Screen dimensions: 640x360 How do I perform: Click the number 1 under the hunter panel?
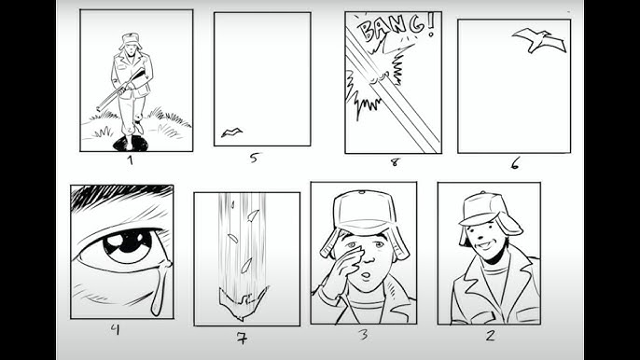131,160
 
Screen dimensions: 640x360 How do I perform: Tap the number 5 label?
254,158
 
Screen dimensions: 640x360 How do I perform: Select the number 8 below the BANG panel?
395,162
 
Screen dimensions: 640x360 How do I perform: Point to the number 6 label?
515,163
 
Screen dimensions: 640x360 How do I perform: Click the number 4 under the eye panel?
116,329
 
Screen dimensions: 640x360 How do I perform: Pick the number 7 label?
242,338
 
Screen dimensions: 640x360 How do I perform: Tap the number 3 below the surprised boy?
363,335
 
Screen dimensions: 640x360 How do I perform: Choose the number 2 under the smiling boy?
490,335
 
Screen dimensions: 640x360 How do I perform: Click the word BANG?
396,26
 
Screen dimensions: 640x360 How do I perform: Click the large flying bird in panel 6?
539,39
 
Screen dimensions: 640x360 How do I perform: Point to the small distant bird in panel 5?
231,132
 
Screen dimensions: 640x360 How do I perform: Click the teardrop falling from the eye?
160,288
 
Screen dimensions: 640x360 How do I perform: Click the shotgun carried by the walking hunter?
121,90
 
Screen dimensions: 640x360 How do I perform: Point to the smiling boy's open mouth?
485,245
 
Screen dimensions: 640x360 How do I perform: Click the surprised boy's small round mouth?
366,276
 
